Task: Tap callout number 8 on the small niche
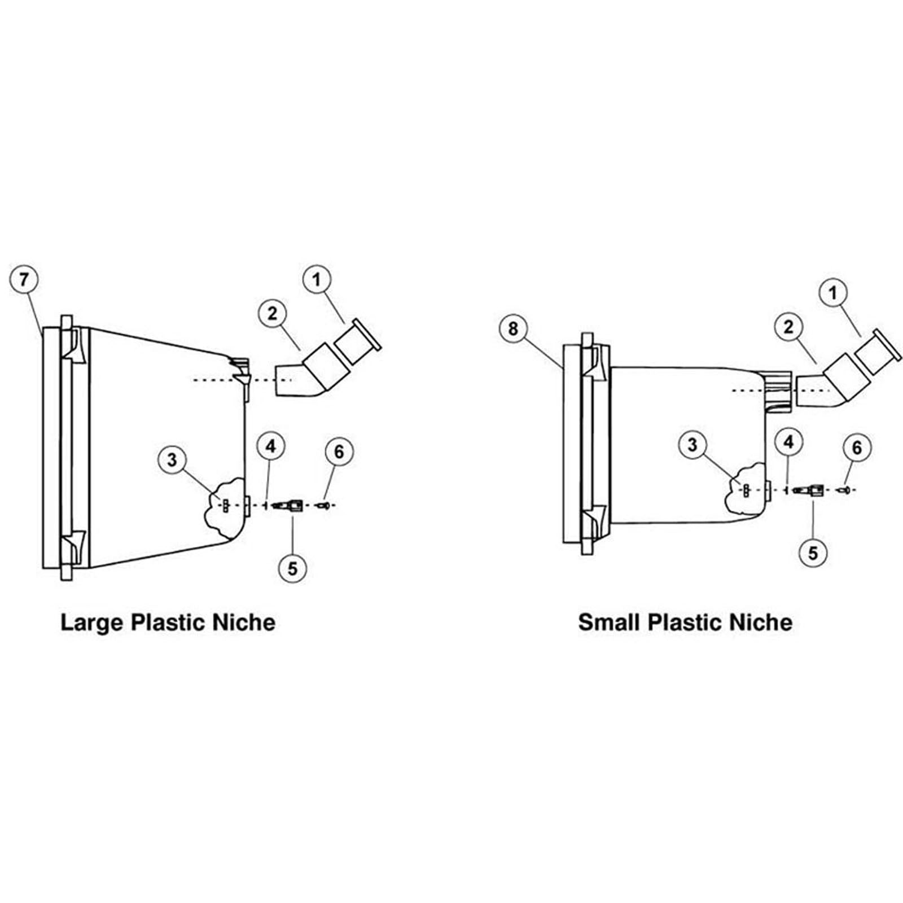coord(513,328)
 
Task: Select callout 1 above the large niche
coord(317,280)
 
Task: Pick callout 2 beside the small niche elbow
coord(789,326)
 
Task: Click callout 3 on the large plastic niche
coord(173,460)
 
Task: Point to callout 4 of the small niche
coord(789,442)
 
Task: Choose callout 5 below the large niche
coord(292,568)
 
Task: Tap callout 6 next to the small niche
coord(857,448)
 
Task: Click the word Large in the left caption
coord(92,623)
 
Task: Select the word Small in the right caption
coord(609,623)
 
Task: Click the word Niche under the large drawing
coord(244,623)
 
